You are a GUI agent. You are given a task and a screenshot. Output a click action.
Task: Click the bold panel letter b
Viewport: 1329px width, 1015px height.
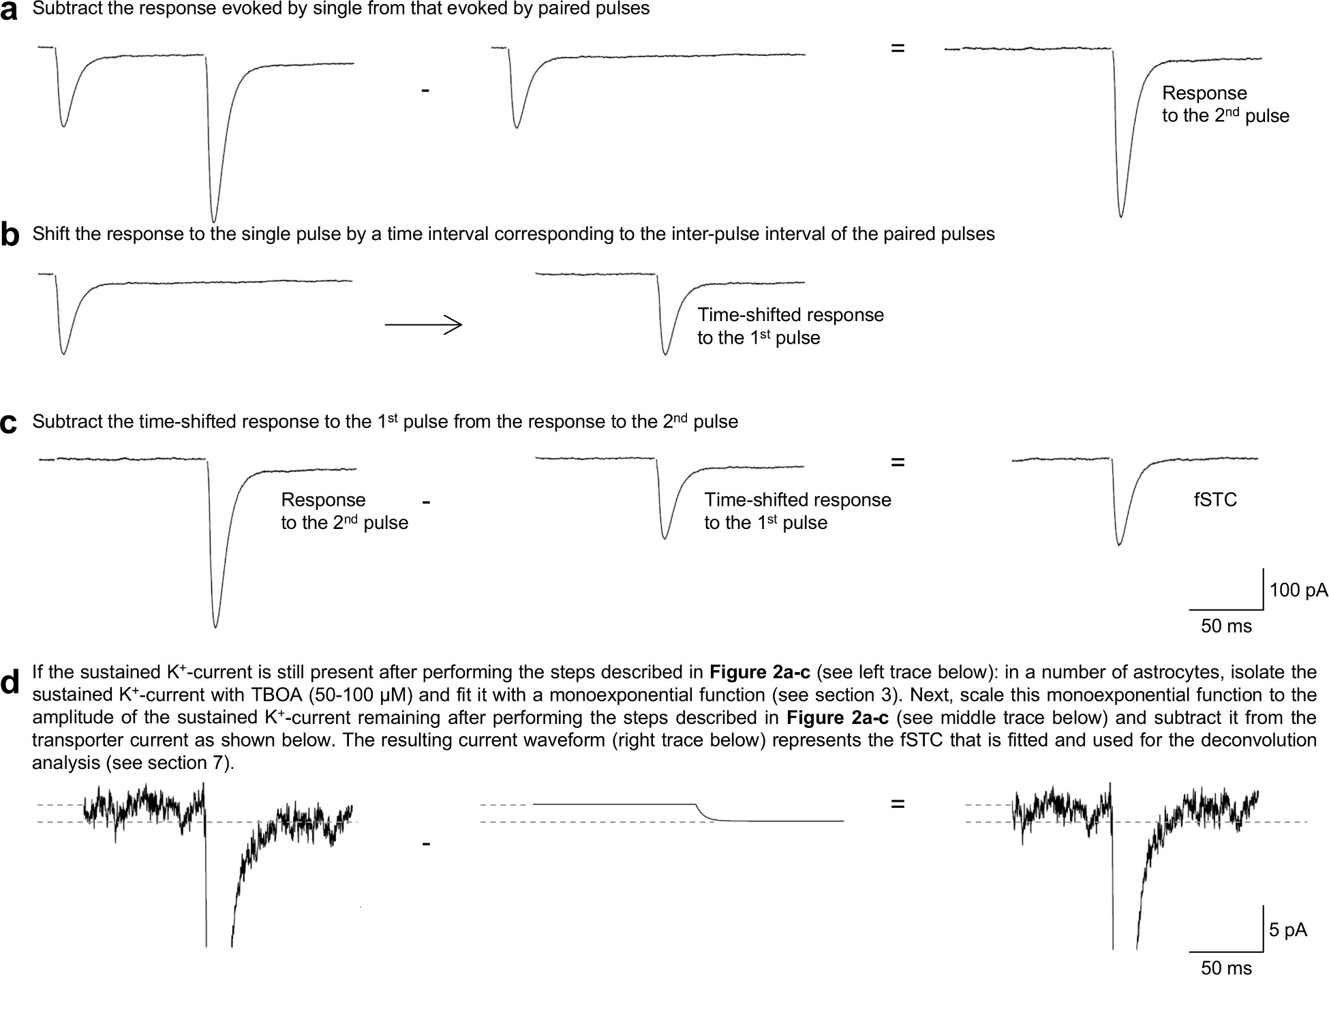(x=10, y=236)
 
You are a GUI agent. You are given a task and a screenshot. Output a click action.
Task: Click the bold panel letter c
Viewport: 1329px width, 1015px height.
(x=9, y=423)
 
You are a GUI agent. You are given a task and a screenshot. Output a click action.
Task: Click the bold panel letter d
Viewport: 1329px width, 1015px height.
(x=10, y=682)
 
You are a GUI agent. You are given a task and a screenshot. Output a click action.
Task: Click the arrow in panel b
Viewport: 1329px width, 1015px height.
(x=423, y=325)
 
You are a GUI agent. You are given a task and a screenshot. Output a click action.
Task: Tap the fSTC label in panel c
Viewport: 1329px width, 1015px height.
(x=1215, y=500)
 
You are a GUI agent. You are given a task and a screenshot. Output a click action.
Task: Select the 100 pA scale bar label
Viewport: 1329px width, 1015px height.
(x=1298, y=590)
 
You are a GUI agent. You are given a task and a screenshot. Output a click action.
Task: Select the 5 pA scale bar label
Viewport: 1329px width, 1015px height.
(x=1287, y=930)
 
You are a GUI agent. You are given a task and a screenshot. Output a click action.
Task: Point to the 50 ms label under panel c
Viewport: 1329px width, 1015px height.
(x=1226, y=626)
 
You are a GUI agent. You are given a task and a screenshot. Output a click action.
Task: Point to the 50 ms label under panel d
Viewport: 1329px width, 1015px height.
(x=1226, y=968)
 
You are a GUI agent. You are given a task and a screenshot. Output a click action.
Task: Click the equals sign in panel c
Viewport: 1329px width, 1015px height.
(x=898, y=462)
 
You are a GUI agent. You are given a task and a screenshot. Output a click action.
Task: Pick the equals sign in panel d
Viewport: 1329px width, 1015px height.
(x=898, y=805)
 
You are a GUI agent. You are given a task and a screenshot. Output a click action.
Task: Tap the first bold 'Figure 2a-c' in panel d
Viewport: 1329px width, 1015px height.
(x=760, y=673)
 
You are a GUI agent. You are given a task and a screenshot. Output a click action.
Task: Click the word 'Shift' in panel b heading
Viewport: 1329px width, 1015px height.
(x=49, y=234)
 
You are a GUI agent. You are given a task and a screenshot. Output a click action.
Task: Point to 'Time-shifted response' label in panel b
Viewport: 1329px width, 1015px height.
(x=791, y=315)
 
